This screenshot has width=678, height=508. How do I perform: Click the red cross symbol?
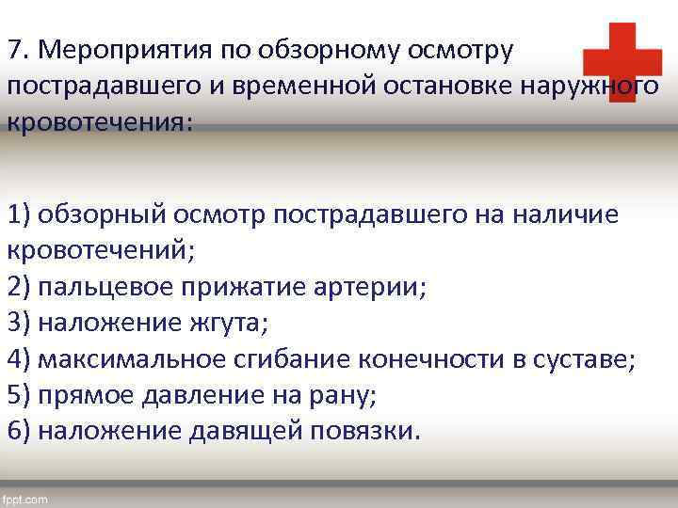(x=621, y=62)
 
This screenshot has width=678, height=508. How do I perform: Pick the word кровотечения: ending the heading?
(x=100, y=124)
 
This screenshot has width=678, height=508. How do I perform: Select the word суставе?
(x=588, y=358)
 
